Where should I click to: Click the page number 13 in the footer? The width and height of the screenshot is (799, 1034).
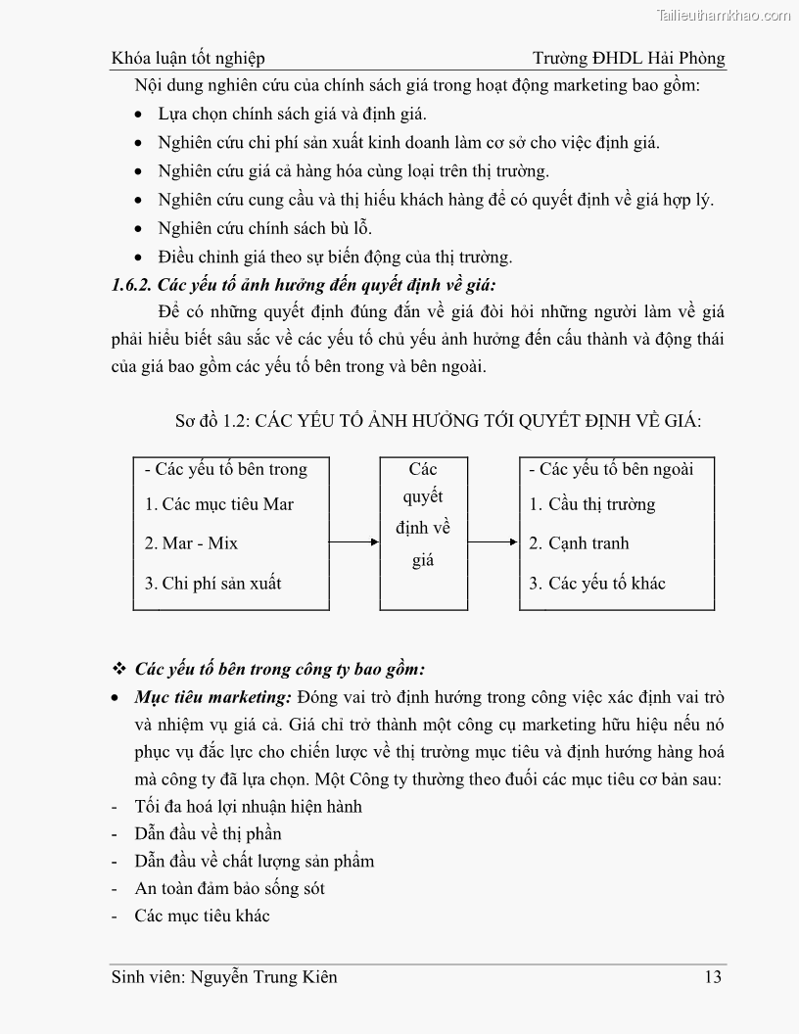[x=713, y=976]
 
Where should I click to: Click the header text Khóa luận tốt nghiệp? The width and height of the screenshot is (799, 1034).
[x=188, y=58]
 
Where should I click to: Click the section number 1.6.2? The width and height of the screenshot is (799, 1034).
[x=132, y=286]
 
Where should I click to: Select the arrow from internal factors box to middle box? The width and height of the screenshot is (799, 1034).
[x=353, y=541]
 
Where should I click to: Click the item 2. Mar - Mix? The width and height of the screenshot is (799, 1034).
[x=191, y=543]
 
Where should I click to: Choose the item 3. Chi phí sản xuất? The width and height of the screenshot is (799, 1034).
[x=212, y=584]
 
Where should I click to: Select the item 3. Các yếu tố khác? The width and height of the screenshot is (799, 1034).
[x=597, y=584]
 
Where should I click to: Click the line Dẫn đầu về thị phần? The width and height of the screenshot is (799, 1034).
[x=209, y=834]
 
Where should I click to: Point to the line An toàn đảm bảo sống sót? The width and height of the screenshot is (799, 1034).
[x=230, y=889]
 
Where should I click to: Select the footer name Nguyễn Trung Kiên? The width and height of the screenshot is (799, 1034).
[x=264, y=976]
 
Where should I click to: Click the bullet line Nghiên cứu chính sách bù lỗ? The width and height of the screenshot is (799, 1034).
[x=264, y=228]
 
